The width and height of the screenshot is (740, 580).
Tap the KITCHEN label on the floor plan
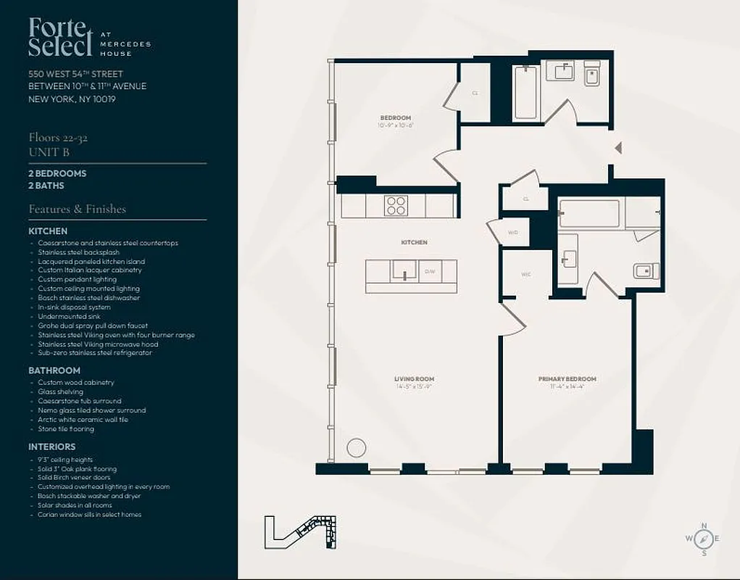click(415, 242)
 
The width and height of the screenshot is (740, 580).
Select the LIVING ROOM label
click(415, 379)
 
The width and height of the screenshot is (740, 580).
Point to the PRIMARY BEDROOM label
click(567, 379)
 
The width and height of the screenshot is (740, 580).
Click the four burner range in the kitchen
click(396, 205)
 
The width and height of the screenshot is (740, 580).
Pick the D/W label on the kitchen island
click(430, 271)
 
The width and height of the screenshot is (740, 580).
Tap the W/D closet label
click(513, 233)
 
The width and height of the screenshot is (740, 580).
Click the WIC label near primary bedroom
click(526, 275)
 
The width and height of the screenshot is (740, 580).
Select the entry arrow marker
click(618, 148)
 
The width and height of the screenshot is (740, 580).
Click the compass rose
click(702, 539)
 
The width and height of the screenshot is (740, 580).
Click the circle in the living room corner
click(355, 447)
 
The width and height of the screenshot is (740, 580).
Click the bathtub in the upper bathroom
click(525, 92)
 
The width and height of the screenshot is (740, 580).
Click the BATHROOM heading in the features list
click(54, 370)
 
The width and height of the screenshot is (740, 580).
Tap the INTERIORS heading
click(51, 447)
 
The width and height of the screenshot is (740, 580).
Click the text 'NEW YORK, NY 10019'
click(72, 99)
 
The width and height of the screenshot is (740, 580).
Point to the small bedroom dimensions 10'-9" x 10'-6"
click(396, 125)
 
